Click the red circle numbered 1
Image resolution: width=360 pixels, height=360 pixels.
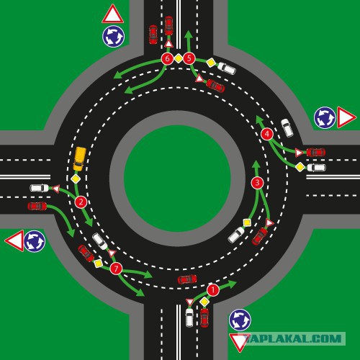213,290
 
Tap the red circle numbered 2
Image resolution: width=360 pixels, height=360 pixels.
81,202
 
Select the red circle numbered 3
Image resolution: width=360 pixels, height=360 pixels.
257,183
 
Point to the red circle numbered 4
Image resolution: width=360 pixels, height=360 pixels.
267,134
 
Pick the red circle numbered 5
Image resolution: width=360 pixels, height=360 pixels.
189,58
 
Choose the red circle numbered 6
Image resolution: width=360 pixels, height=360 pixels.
167,58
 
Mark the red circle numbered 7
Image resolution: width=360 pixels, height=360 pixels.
116,269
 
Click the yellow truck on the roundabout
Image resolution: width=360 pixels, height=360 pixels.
80,159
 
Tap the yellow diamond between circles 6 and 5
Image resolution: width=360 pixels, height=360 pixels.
178,58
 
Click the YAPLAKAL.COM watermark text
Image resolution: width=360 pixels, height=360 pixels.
294,338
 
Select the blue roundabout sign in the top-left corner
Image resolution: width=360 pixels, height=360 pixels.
113,36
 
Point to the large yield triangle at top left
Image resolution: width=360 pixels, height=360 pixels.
113,14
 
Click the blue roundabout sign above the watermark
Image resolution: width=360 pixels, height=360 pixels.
240,320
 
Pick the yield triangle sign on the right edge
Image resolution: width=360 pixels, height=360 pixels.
345,117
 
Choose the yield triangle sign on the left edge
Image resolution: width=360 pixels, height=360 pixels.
15,240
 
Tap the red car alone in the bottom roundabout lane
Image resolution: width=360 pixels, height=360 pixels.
187,279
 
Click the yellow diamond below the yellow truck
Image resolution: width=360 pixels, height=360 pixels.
76,179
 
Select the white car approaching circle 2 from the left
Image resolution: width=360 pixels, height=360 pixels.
40,188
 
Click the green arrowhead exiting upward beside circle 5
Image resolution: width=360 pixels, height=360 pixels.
189,35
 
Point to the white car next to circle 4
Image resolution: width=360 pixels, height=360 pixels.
287,127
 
